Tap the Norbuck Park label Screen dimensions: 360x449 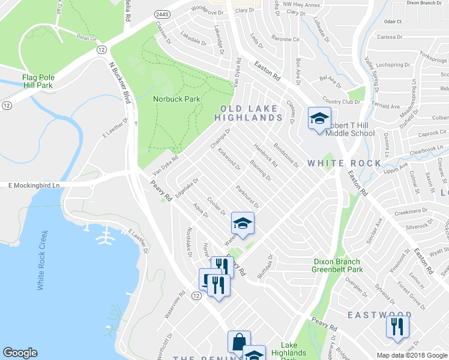pyautogui.click(x=176, y=99)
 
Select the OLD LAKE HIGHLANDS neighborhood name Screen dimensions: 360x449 pyautogui.click(x=249, y=113)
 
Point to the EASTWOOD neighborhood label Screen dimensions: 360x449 pyautogui.click(x=379, y=314)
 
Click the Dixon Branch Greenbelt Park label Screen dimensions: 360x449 pyautogui.click(x=337, y=265)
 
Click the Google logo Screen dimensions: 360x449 pyautogui.click(x=20, y=353)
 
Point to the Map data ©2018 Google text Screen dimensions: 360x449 pyautogui.click(x=412, y=355)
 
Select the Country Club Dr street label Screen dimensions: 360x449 pyautogui.click(x=340, y=101)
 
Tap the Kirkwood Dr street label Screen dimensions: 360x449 pyautogui.click(x=229, y=158)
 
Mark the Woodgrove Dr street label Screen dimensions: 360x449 pyautogui.click(x=206, y=10)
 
